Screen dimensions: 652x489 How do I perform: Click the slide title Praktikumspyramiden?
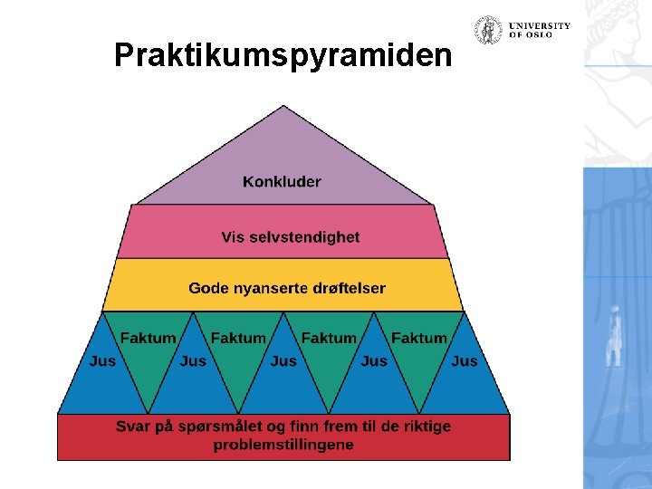283,56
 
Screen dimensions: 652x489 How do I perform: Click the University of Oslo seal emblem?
489,31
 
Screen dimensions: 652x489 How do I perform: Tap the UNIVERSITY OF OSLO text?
540,30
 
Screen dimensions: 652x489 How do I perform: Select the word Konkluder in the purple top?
282,182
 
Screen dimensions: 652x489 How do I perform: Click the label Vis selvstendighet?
291,237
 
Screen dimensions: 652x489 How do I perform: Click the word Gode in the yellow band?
207,288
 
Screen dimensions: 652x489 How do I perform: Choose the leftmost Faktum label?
148,338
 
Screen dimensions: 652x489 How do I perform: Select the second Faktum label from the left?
238,338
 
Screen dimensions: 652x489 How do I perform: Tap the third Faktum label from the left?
329,338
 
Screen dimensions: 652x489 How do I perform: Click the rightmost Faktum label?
419,338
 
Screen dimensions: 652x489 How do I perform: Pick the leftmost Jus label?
102,360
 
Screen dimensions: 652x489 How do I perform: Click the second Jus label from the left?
193,360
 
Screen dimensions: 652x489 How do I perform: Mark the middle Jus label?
283,360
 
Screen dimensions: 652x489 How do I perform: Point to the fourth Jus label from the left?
374,360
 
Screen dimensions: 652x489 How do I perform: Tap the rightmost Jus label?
465,360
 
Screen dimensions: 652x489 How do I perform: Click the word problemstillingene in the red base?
283,445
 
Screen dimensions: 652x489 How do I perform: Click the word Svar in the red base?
132,426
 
